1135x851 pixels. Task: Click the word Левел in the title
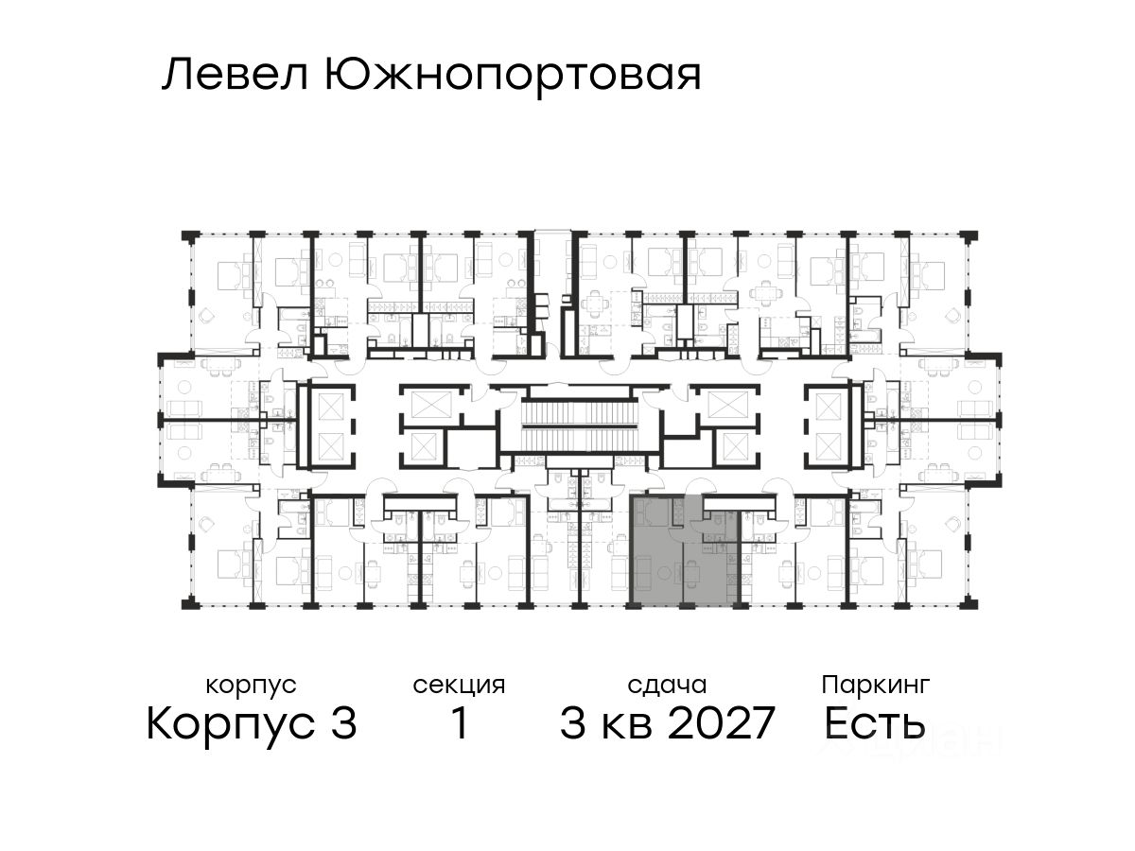[236, 75]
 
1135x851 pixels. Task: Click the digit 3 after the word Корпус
[343, 724]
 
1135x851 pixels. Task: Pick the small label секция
[459, 684]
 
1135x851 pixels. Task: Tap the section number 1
[459, 724]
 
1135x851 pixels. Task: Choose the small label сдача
[667, 684]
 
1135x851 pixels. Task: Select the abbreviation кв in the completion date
[626, 724]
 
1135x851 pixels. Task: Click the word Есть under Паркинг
[874, 724]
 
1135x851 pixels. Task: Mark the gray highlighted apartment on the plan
[681, 553]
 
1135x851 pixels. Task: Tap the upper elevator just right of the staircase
[725, 402]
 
